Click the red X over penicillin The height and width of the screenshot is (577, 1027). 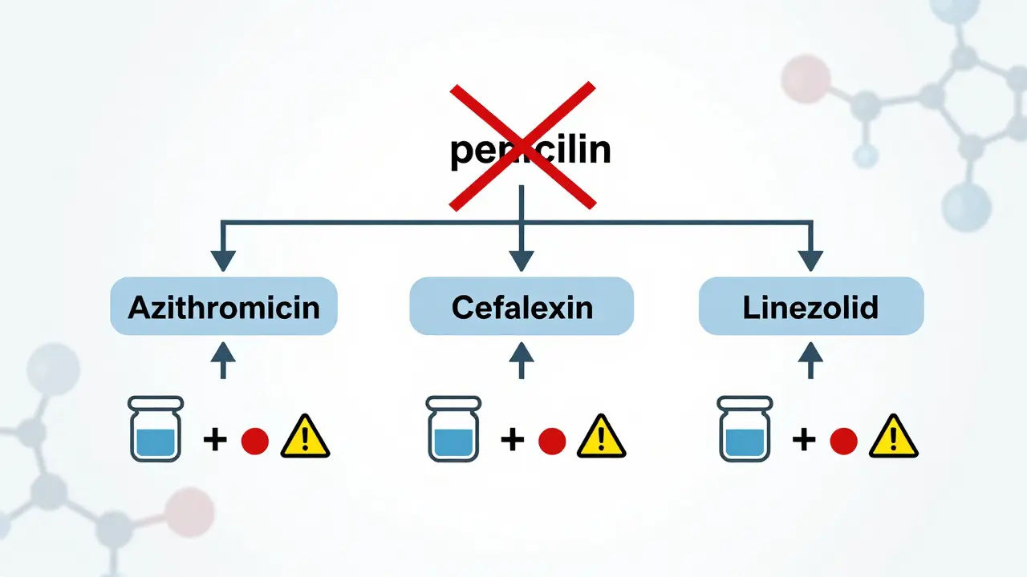[522, 147]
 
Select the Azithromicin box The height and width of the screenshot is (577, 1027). [224, 306]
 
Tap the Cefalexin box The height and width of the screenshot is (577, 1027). [522, 306]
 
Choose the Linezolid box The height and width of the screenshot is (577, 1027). [811, 306]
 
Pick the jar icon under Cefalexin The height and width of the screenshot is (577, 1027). [454, 429]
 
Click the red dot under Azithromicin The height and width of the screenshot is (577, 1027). [254, 440]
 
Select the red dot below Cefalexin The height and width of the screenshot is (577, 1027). [552, 440]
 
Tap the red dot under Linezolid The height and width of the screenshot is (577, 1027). [844, 440]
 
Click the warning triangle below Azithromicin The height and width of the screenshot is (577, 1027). [305, 438]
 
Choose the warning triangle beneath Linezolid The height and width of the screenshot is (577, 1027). [894, 438]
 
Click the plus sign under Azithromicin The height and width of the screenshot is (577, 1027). [213, 439]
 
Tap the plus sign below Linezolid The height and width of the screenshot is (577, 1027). [803, 439]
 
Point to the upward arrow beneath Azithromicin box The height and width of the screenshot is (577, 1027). [223, 359]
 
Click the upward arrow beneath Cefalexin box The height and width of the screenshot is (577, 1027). [522, 359]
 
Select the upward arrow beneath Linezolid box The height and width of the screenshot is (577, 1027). [811, 359]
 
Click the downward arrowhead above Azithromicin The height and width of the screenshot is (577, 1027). [223, 260]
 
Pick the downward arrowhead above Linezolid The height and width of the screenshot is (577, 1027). [811, 260]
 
